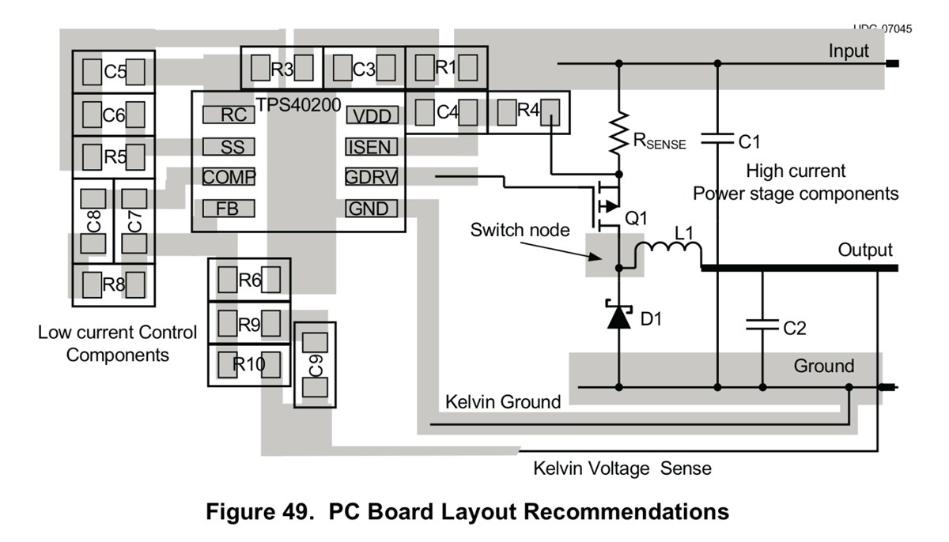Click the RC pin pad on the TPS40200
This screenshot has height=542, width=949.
point(229,115)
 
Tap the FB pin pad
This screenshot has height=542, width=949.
point(229,209)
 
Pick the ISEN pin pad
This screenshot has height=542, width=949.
point(371,146)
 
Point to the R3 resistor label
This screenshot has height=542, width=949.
point(282,69)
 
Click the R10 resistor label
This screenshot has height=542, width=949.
point(249,364)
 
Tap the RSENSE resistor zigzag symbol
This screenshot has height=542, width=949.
point(618,135)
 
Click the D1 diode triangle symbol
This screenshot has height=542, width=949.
point(618,318)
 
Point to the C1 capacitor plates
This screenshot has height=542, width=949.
point(717,140)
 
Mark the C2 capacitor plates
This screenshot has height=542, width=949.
point(762,325)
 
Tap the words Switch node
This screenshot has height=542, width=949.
point(520,230)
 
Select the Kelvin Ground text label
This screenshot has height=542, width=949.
point(503,401)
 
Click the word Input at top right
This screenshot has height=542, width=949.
point(849,51)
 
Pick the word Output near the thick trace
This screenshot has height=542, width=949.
point(865,250)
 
